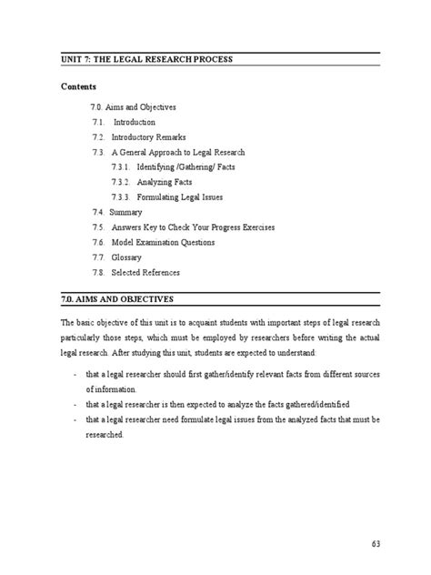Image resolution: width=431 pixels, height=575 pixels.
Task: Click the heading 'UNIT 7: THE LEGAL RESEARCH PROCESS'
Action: (146, 59)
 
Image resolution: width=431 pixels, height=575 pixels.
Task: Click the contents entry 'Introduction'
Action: (134, 122)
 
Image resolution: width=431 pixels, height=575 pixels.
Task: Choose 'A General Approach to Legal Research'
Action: (178, 152)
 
